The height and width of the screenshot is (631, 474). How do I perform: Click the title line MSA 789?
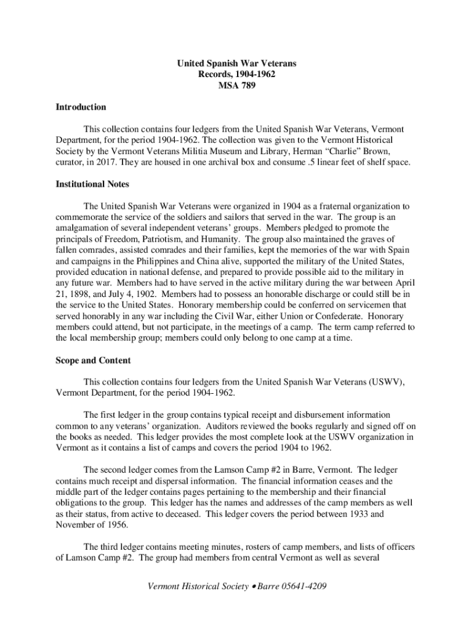[x=236, y=86]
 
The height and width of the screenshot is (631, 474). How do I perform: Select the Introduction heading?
[x=81, y=107]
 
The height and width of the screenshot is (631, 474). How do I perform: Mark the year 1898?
[x=81, y=294]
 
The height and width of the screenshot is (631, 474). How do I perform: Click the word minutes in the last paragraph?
[x=222, y=547]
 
